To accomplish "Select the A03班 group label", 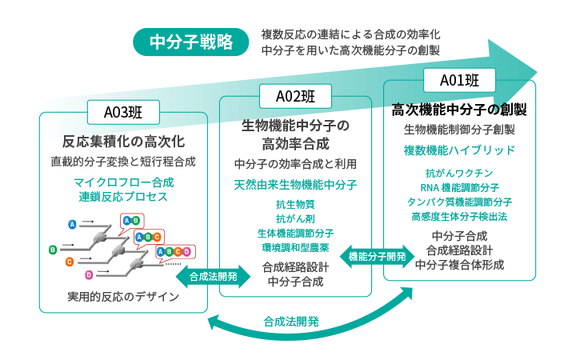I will (x=122, y=111).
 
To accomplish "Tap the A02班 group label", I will (x=295, y=96).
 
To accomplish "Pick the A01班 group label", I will (x=460, y=79).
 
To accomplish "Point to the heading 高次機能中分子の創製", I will (x=458, y=108).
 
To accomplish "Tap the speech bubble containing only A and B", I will (x=131, y=220).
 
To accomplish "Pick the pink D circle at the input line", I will (x=89, y=274).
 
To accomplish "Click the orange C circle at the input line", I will (x=70, y=262).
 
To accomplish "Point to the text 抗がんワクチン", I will (x=459, y=174).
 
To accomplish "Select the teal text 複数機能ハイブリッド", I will (x=459, y=150).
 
